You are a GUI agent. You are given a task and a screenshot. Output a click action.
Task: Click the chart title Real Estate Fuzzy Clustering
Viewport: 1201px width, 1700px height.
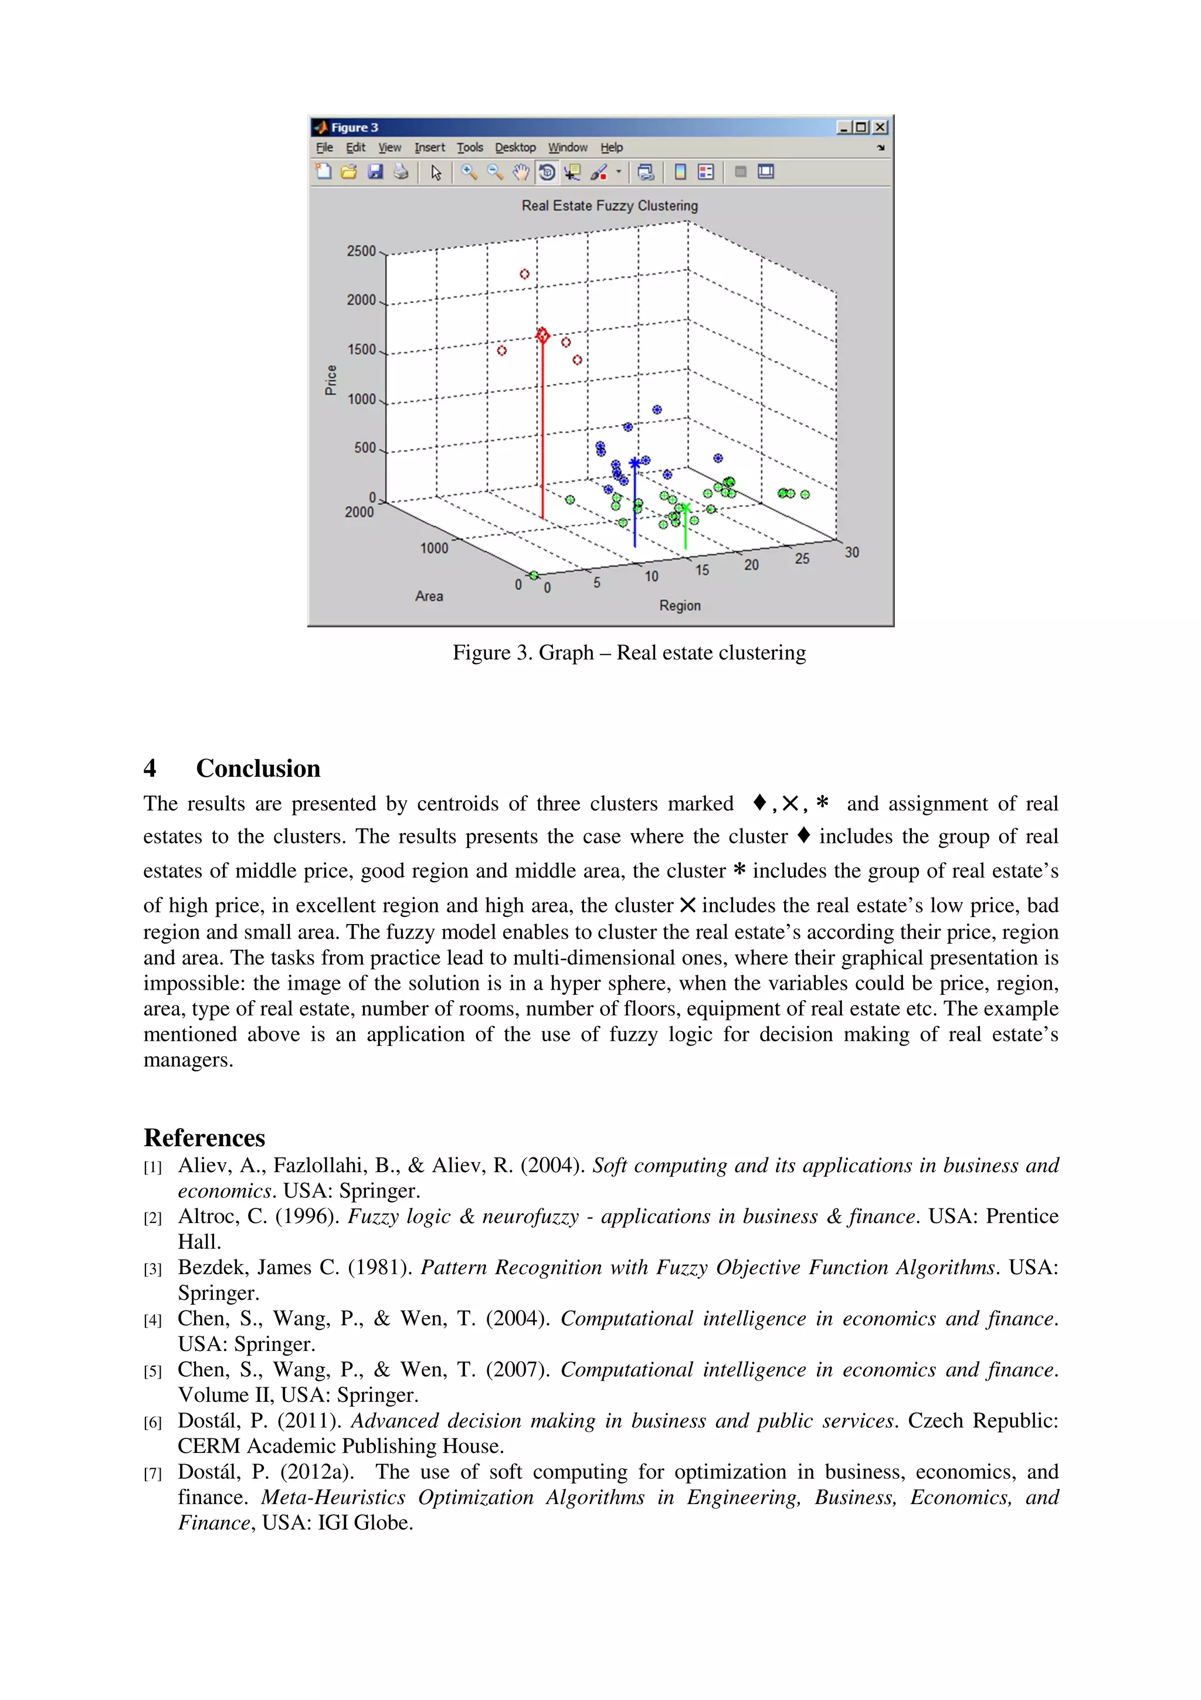[609, 206]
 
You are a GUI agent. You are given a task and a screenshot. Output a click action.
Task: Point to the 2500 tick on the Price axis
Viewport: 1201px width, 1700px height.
[361, 251]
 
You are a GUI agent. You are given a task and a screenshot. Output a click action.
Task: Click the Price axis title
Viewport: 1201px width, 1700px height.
[331, 380]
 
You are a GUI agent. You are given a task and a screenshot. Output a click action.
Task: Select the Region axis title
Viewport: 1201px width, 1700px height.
[679, 605]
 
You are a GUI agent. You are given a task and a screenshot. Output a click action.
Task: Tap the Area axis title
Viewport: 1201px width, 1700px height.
[429, 596]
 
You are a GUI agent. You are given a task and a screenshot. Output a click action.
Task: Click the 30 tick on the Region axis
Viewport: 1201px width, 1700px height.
[851, 553]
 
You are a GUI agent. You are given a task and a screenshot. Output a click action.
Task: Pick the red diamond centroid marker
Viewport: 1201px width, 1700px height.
[542, 336]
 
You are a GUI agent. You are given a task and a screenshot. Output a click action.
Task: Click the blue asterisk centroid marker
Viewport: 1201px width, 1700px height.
[634, 464]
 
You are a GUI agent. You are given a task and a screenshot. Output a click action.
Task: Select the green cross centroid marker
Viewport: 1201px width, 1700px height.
[685, 509]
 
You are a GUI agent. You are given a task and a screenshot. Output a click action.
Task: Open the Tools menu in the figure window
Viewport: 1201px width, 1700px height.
[469, 147]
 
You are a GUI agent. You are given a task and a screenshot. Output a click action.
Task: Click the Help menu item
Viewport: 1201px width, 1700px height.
[611, 147]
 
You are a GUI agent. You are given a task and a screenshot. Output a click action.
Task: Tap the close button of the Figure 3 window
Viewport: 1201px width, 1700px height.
[880, 127]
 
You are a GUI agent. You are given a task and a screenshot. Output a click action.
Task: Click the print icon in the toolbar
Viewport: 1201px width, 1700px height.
[401, 172]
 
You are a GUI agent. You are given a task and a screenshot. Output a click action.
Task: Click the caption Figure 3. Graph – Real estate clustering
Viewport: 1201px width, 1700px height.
[629, 653]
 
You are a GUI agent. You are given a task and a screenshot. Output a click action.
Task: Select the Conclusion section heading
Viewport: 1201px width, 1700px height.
[257, 768]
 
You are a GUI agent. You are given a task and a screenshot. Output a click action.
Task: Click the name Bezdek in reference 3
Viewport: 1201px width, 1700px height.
[212, 1268]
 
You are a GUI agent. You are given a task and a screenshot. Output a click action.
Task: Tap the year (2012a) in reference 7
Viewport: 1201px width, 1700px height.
[317, 1472]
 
